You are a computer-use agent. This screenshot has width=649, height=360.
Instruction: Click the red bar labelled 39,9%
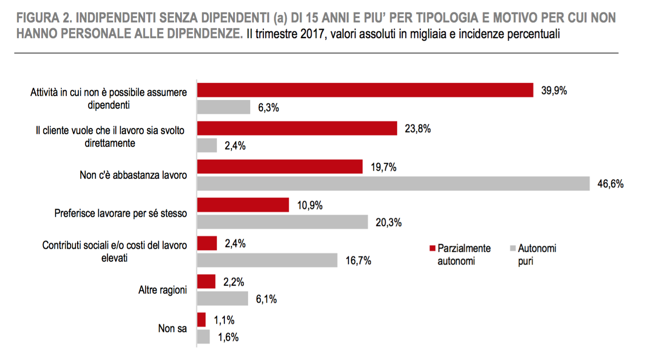(365, 90)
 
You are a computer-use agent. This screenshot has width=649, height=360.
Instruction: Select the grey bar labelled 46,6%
(393, 184)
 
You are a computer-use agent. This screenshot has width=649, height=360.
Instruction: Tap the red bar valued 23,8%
(297, 128)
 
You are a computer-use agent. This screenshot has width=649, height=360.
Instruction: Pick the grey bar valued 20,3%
(282, 222)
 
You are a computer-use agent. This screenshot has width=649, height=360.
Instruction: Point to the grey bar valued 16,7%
(267, 260)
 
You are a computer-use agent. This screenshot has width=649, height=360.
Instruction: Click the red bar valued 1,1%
(202, 320)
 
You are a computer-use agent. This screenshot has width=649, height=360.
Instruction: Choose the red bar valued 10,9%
(243, 205)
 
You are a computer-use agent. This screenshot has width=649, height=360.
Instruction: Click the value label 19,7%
(383, 167)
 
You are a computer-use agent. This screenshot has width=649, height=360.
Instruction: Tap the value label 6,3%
(268, 108)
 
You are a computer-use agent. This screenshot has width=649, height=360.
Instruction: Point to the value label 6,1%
(266, 299)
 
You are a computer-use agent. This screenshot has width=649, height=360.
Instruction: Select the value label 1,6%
(228, 337)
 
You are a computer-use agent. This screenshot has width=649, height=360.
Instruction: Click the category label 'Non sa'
(172, 328)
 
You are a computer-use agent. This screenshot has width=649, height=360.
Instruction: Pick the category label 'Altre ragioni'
(163, 290)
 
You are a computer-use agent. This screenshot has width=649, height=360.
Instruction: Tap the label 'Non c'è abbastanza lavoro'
(133, 175)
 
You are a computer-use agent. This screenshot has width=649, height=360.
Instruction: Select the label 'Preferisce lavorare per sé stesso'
(121, 213)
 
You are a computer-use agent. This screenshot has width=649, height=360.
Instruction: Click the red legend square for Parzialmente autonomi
(433, 248)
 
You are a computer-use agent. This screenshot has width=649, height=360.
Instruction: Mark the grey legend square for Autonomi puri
(513, 248)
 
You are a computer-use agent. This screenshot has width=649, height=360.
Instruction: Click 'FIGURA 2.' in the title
(44, 18)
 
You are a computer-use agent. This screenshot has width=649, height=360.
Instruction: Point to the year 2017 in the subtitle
(313, 34)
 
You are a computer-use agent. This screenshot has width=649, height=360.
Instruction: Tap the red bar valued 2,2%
(206, 282)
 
